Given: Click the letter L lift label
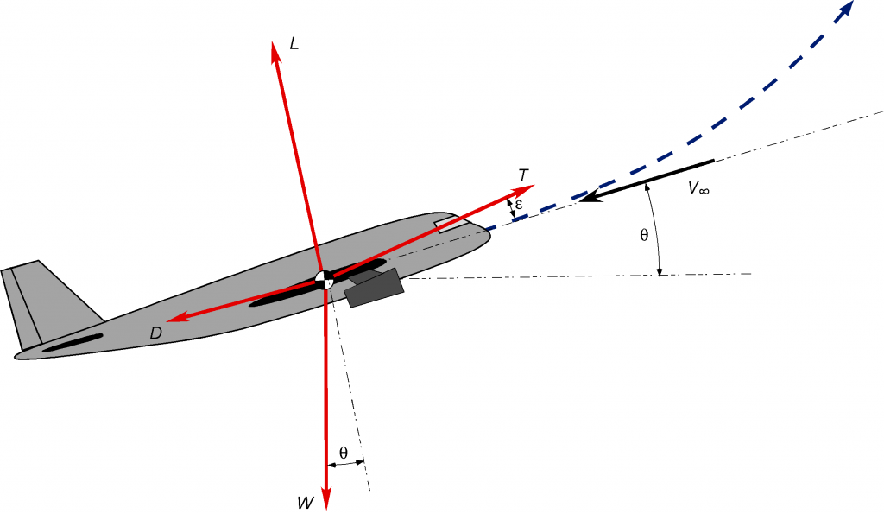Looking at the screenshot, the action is [x=294, y=43].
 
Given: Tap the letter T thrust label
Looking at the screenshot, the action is [x=524, y=175].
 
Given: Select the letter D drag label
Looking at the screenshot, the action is [x=155, y=333].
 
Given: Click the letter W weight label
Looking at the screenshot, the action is [x=306, y=503].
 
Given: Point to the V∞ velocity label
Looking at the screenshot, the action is [x=698, y=188].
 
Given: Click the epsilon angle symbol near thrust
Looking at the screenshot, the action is [x=519, y=205].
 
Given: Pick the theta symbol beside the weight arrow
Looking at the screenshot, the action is [x=344, y=453].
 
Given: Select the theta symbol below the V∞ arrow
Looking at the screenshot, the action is [x=644, y=235].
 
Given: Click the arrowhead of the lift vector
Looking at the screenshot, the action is [x=275, y=51].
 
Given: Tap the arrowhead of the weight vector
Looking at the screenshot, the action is [x=325, y=499].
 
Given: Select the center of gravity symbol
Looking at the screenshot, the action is [x=325, y=279].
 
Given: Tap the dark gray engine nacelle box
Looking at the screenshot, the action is [x=375, y=289].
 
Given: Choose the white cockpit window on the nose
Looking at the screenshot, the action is [x=451, y=225].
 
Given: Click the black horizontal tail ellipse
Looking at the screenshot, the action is [x=73, y=343].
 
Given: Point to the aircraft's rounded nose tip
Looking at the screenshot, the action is [x=489, y=232].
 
